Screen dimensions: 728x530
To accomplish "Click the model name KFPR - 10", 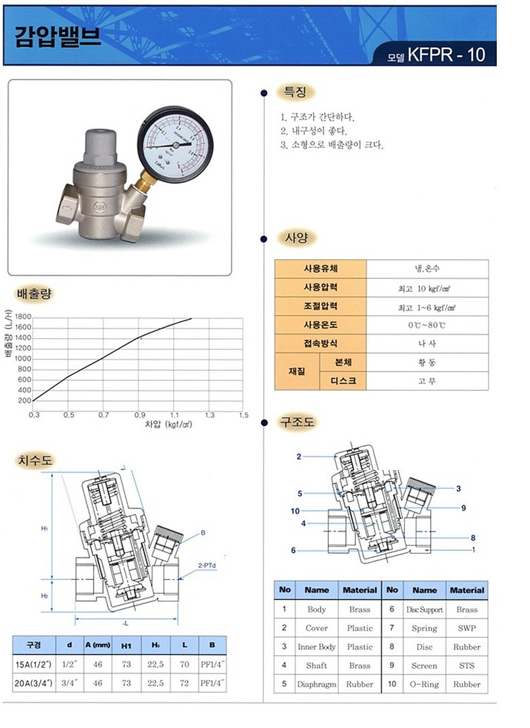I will (x=446, y=55).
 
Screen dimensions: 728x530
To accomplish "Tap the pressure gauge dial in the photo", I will (x=175, y=144).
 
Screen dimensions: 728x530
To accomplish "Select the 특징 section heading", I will (x=295, y=93).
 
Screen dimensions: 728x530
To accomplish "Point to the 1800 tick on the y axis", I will (x=23, y=317).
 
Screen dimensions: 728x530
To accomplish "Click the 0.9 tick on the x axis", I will (x=139, y=414).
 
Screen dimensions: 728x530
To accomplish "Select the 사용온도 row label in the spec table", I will (x=320, y=325).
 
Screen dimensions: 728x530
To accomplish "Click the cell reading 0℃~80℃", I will (x=427, y=325).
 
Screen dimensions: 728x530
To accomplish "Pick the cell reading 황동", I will (x=427, y=362).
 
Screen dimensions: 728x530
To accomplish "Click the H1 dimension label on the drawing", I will (x=44, y=528).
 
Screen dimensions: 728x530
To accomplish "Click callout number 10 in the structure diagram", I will (x=295, y=511).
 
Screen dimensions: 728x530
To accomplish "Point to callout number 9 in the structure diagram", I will (x=463, y=508).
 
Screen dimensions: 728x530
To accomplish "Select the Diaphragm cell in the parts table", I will (x=316, y=684).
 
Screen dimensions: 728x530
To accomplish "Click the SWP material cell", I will (x=467, y=628).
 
